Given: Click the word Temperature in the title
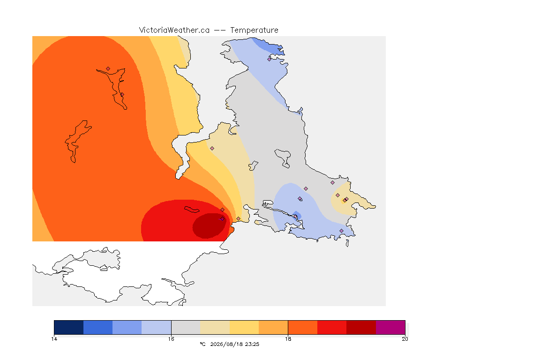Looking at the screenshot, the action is tap(254, 30).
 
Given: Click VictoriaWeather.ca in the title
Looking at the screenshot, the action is tap(174, 30).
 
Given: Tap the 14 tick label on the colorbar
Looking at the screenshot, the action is tap(54, 339).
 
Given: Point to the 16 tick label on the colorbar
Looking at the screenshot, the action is tap(171, 339).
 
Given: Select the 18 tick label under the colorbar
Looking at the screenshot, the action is tap(288, 339).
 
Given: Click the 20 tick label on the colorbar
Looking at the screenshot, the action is tap(405, 339).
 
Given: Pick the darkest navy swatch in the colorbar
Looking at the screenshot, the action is tap(68, 327).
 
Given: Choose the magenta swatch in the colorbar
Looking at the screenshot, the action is tap(390, 327).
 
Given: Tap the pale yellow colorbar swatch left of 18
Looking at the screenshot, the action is tap(244, 327).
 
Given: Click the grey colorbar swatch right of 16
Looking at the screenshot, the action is tap(186, 327).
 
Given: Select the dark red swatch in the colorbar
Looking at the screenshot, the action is tap(361, 327).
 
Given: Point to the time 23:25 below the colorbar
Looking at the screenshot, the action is tap(252, 344).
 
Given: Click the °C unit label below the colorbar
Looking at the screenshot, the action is tap(202, 344).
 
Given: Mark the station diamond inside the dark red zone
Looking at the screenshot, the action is tap(222, 219).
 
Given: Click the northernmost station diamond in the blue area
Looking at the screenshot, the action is tap(270, 59).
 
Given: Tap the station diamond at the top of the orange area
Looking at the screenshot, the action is tap(108, 69).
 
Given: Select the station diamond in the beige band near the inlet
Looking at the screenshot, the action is tap(212, 149).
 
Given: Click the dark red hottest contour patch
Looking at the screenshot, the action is tap(209, 225).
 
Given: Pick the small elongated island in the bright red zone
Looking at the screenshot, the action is tap(192, 210).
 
